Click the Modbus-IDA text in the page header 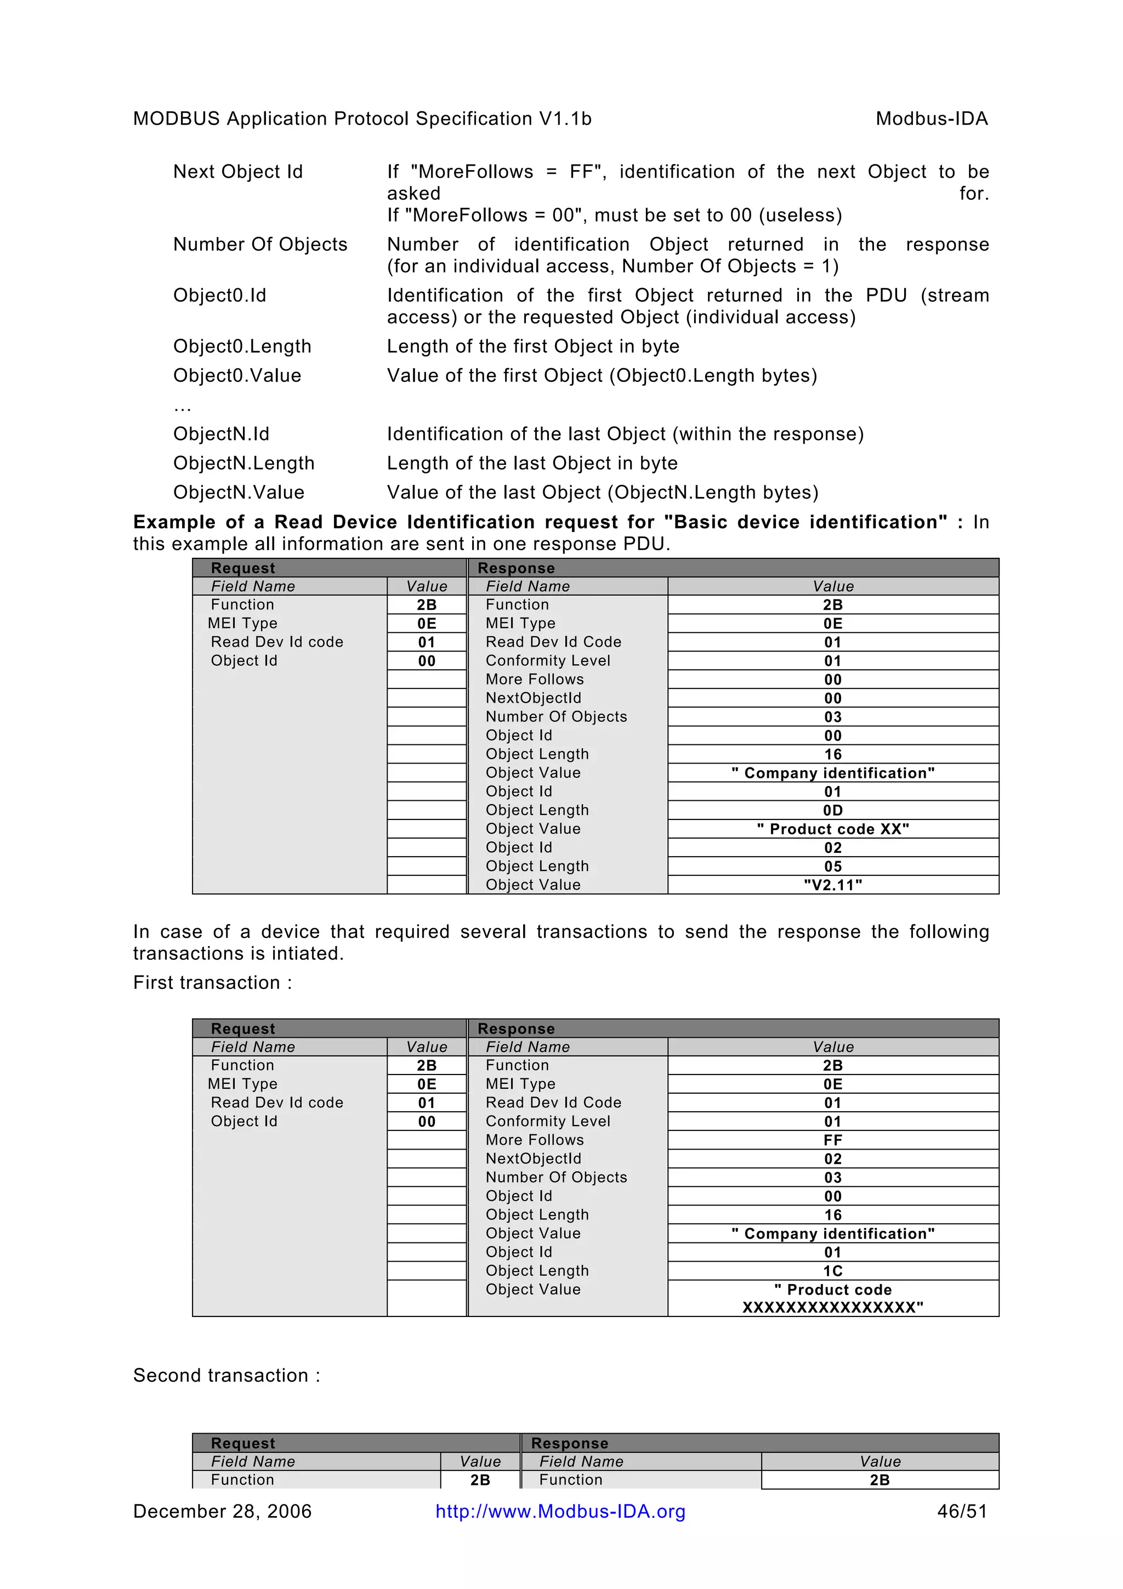[931, 119]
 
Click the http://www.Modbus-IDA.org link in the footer [560, 1512]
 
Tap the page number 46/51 [962, 1512]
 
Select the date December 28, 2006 [222, 1512]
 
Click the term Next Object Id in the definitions [238, 172]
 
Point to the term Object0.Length [242, 346]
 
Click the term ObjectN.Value [239, 492]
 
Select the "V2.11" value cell [832, 885]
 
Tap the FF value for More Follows [832, 1140]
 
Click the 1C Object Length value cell [832, 1271]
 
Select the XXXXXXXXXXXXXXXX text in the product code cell [832, 1307]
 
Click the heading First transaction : [212, 983]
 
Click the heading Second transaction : [226, 1375]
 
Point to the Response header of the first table [516, 568]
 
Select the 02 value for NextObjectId [832, 1158]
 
